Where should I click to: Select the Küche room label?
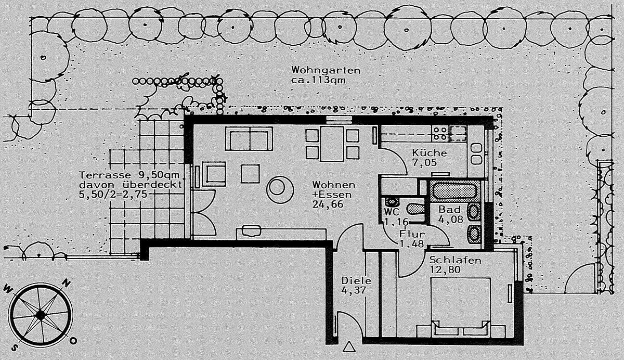point(429,153)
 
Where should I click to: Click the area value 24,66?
point(327,205)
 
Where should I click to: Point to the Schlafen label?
point(455,260)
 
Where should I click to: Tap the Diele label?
point(356,280)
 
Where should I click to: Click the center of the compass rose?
point(40,315)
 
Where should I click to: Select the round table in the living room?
point(280,188)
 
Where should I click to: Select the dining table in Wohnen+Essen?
point(332,144)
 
